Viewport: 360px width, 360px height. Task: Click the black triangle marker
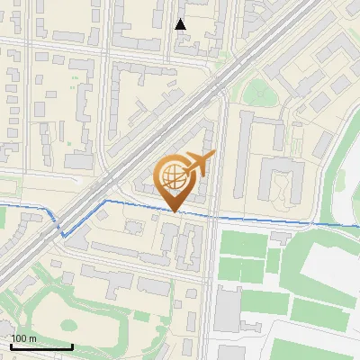click(181, 24)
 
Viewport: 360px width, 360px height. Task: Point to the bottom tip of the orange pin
click(175, 211)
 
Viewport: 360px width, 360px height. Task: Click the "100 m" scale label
click(24, 338)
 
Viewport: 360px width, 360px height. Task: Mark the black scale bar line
click(41, 346)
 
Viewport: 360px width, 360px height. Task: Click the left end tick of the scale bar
click(11, 346)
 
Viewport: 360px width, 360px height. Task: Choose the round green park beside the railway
click(256, 90)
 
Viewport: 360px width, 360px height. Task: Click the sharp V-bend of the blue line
click(62, 236)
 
